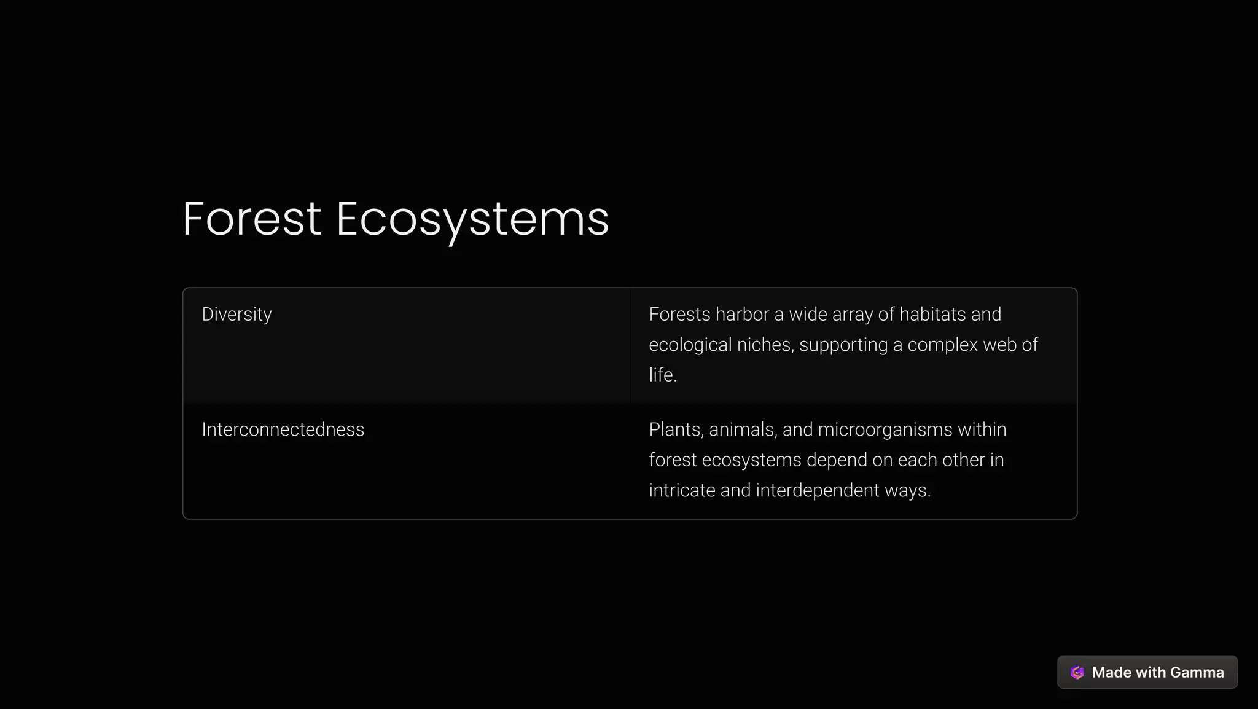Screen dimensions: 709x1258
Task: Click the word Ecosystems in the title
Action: [472, 220]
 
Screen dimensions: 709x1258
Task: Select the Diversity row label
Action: [236, 315]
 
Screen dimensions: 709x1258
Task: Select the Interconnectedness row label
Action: [283, 429]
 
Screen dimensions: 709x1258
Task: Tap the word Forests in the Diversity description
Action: [679, 315]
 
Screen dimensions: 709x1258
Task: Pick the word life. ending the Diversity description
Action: [662, 375]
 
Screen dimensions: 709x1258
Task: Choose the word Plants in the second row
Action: [676, 429]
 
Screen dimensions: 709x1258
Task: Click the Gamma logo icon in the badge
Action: [1077, 672]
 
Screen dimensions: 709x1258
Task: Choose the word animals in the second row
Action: [743, 429]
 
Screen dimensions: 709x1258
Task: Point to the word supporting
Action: [843, 345]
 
